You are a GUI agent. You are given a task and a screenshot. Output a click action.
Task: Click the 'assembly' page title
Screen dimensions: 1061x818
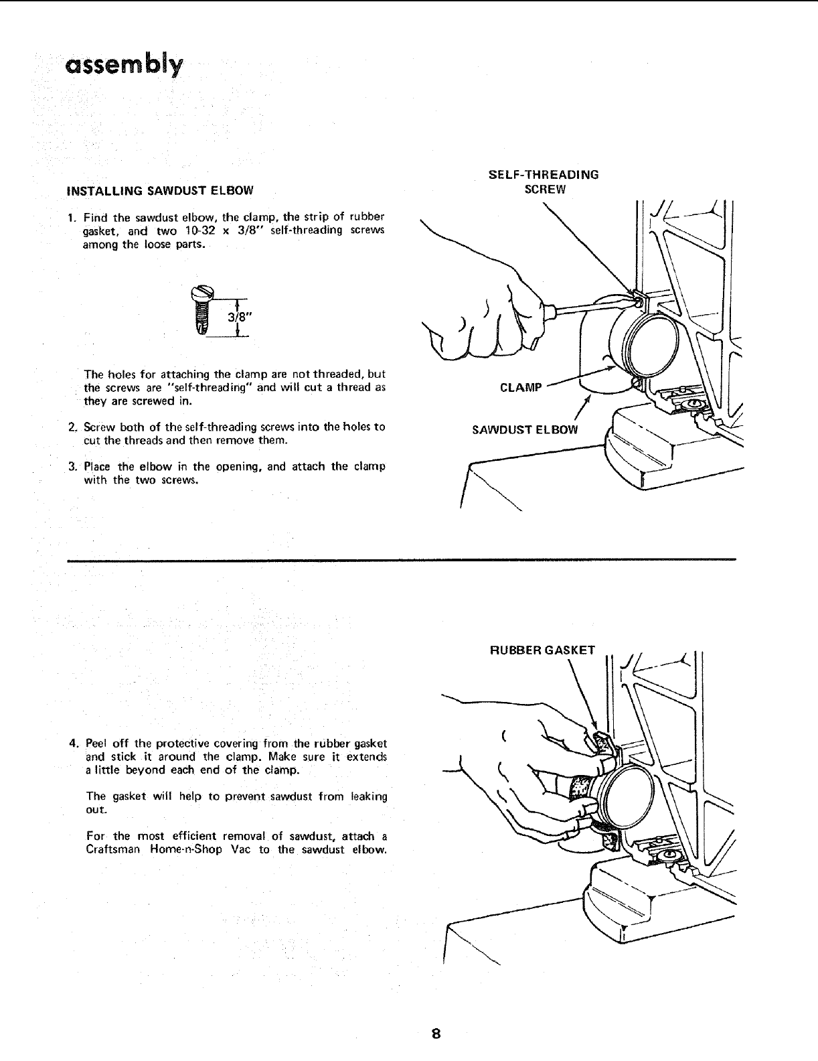coord(124,66)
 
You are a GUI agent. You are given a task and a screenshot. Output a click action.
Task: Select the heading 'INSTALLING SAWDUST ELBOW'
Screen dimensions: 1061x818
coord(161,190)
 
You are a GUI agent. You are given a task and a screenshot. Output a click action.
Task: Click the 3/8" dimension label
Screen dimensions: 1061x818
coord(238,318)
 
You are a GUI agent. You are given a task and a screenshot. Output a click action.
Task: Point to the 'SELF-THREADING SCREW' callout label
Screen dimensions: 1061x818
coord(544,182)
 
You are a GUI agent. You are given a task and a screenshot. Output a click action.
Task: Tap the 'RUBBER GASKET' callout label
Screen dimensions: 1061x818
coord(543,650)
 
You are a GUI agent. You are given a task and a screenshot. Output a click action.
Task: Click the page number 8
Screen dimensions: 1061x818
coord(436,1033)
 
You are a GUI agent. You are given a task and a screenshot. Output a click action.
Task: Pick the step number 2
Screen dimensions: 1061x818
coord(72,427)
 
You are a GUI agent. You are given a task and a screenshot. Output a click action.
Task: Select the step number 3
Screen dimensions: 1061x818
coord(72,467)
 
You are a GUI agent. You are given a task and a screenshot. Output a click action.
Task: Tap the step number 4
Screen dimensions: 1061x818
coord(73,744)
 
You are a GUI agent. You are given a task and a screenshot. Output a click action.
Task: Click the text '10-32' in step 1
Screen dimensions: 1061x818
coord(199,231)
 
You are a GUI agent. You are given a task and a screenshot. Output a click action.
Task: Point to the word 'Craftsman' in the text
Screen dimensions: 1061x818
coord(114,850)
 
